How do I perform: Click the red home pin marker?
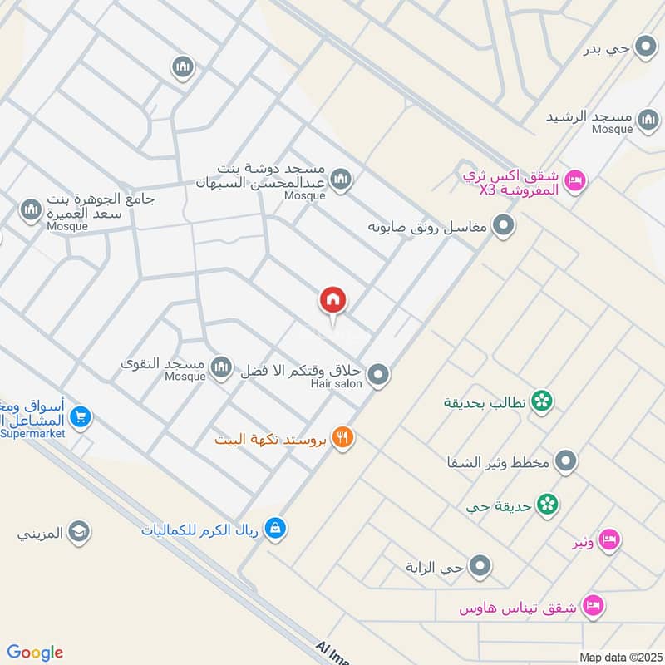pos(333,300)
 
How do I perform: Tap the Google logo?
pos(35,653)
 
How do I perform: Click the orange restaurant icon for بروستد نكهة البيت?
pos(342,437)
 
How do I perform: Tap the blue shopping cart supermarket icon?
pos(80,416)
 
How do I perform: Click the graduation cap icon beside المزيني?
pos(79,532)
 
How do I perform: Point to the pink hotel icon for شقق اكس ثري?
pos(574,180)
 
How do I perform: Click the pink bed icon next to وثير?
pos(609,539)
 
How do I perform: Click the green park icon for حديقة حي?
pos(547,503)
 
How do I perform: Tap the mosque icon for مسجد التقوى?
pos(221,367)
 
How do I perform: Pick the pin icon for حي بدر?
pos(644,47)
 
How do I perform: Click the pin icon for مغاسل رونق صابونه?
pos(502,225)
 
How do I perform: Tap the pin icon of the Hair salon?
pos(378,376)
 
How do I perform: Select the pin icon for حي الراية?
pos(480,568)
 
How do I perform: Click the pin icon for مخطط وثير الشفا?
pos(566,461)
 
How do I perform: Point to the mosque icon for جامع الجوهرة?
pos(31,209)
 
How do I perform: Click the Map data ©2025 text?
pos(618,657)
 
